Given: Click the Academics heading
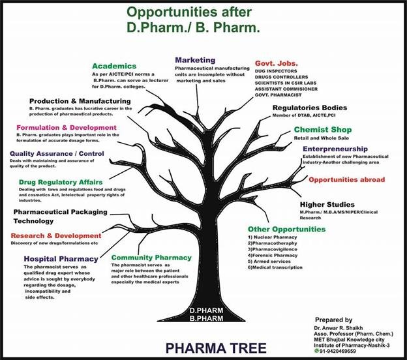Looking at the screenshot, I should (114, 67).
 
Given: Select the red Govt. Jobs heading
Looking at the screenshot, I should (276, 63).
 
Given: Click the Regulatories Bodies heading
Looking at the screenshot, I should (309, 108).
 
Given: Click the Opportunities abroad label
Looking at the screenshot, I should (346, 179).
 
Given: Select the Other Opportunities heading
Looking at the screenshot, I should (286, 230).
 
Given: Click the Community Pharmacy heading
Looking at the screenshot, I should (151, 257).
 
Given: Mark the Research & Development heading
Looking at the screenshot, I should (56, 235).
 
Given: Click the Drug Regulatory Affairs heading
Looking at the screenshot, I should (60, 181).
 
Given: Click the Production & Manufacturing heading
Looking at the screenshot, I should (80, 102).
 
